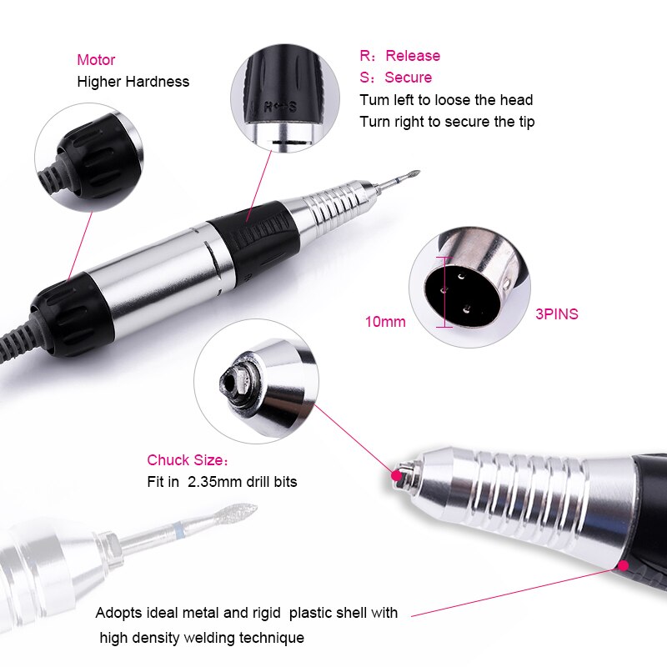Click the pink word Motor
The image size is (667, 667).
point(96,60)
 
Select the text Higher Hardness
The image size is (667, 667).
point(133,82)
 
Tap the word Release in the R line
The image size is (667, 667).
point(413,56)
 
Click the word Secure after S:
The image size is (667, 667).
point(409,78)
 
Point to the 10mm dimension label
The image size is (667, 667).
point(385,321)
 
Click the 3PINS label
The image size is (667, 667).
point(557,314)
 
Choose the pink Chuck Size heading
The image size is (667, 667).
point(186,460)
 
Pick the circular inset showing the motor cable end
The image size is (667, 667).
point(86,157)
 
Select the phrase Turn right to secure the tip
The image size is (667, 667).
point(447,122)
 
